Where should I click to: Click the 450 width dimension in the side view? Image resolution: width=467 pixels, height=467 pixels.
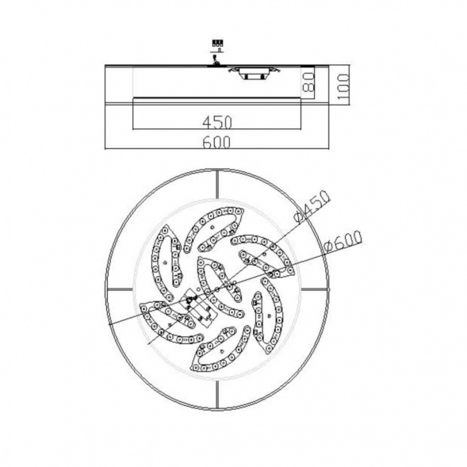(216, 122)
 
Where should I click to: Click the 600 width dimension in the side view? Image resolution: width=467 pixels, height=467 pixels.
(216, 143)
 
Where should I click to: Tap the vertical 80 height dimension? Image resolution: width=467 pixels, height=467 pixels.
(308, 82)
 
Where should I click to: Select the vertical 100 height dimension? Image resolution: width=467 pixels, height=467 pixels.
(343, 88)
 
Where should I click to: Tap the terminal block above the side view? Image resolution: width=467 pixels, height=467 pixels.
(217, 43)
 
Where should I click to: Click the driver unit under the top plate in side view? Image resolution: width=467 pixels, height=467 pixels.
(254, 73)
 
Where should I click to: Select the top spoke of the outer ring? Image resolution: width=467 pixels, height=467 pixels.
(218, 184)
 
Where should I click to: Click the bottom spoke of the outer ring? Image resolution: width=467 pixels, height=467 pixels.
(218, 395)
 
